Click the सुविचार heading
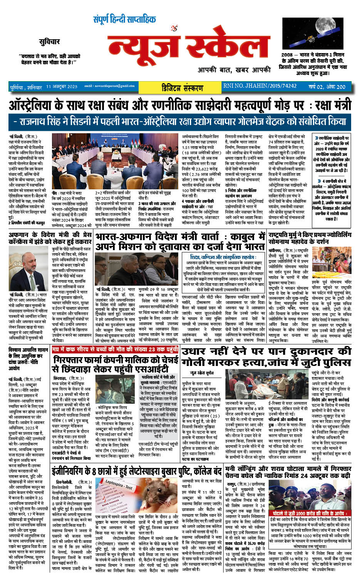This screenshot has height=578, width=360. tap(49, 42)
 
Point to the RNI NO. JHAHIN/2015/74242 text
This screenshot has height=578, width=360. tap(260, 86)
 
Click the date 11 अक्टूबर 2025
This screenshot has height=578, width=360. tap(62, 87)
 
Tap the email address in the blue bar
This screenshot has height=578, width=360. tap(109, 86)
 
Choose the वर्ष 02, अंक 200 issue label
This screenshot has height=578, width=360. tap(327, 87)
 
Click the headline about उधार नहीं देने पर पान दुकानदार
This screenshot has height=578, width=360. tap(266, 357)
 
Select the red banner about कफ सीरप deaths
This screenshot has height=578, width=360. tap(115, 349)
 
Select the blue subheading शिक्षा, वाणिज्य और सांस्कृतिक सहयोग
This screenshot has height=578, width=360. tap(223, 257)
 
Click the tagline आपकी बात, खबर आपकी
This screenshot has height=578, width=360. tap(234, 70)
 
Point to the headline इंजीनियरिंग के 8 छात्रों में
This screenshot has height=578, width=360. tap(137, 471)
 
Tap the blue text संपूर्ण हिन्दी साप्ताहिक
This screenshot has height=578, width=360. tap(124, 19)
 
